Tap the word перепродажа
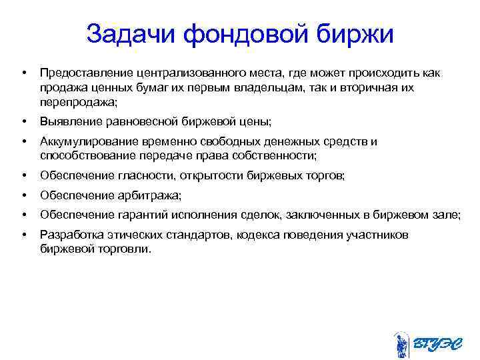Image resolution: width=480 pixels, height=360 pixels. [x=77, y=103]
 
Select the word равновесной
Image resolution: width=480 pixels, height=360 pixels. [x=135, y=122]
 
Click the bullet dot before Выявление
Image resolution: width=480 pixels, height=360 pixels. [x=23, y=122]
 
